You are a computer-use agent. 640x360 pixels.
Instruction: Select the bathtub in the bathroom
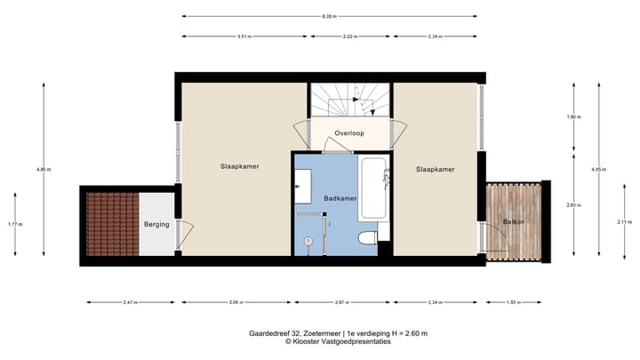pos(373,188)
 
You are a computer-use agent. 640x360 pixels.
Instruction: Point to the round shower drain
pos(308,240)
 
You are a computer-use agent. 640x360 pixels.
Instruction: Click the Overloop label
pos(349,133)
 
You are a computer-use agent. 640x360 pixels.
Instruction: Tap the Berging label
pos(156,225)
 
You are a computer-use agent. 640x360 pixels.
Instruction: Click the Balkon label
pos(514,220)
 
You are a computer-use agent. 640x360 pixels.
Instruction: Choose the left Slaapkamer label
pos(240,166)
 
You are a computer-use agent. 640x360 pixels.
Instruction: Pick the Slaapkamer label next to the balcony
pos(436,169)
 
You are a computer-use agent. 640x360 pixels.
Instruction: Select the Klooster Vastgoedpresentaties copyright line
pos(338,341)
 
